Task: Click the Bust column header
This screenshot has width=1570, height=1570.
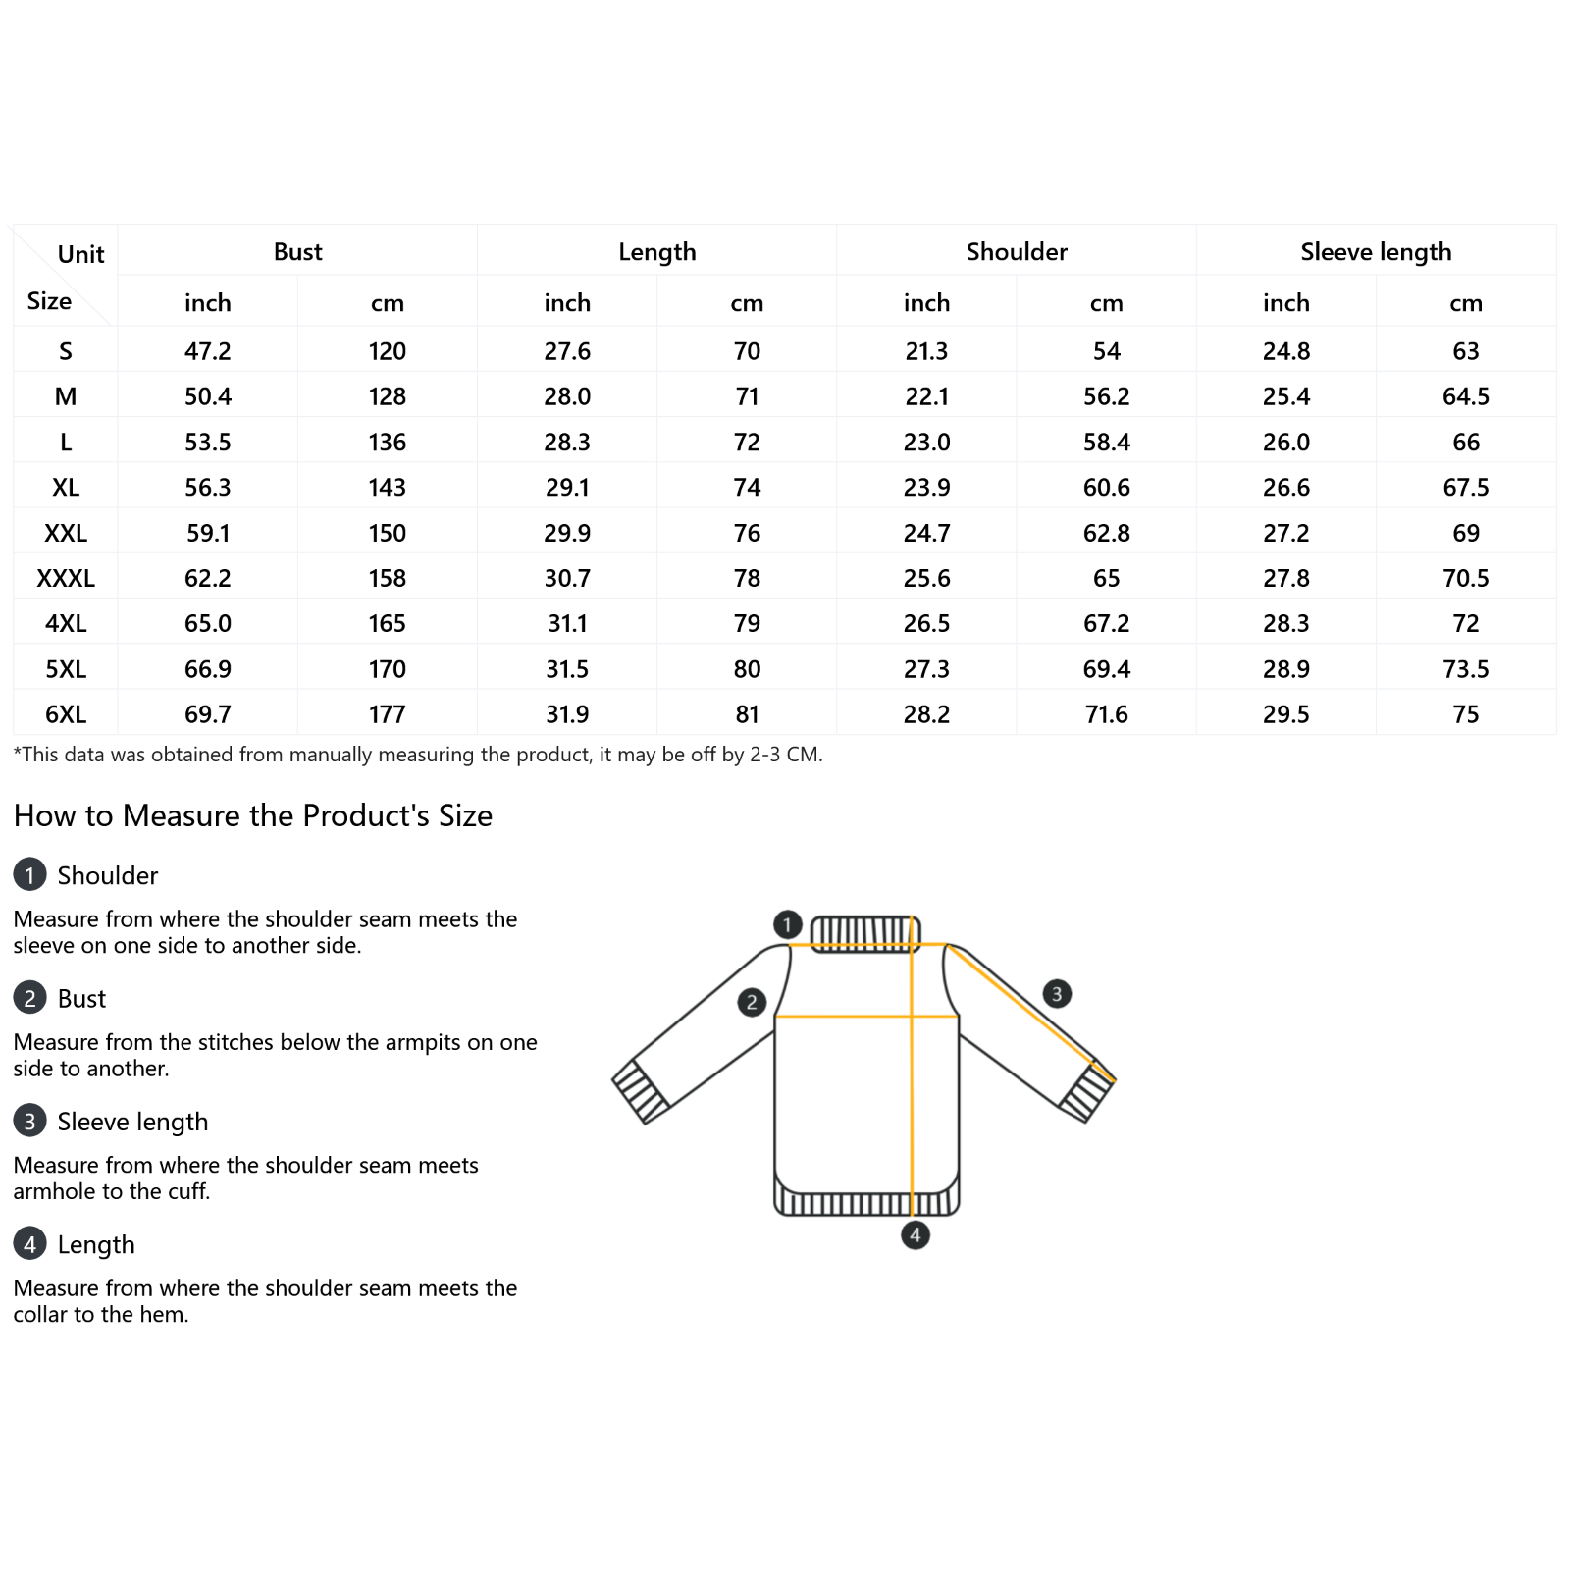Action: click(x=297, y=252)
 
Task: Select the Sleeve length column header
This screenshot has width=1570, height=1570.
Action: click(x=1375, y=252)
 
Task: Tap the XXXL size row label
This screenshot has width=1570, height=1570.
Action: click(x=66, y=578)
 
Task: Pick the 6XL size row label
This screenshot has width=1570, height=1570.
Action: click(x=66, y=714)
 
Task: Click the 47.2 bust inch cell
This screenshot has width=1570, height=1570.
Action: click(x=207, y=351)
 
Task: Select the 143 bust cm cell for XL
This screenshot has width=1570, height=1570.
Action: click(x=388, y=488)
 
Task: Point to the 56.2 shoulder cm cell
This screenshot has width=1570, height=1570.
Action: click(x=1106, y=396)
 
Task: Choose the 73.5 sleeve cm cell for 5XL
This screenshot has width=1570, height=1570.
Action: click(x=1465, y=669)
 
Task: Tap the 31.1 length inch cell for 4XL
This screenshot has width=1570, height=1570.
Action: click(x=567, y=623)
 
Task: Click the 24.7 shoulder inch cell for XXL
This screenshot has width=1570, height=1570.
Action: click(x=926, y=533)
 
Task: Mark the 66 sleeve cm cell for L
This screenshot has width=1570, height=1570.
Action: click(x=1465, y=442)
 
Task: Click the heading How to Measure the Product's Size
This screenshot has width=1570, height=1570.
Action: click(x=253, y=815)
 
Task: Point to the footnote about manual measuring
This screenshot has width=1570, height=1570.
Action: click(x=418, y=755)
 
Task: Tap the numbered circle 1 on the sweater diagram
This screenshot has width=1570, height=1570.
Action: click(x=787, y=924)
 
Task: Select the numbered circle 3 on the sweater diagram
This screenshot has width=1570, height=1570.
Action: click(x=1056, y=993)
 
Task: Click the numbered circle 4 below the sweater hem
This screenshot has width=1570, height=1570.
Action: click(x=915, y=1234)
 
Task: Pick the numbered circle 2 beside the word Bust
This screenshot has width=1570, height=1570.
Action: click(x=30, y=998)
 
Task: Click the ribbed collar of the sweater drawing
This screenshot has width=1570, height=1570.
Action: click(x=864, y=933)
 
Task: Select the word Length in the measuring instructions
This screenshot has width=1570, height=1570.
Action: click(x=96, y=1244)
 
